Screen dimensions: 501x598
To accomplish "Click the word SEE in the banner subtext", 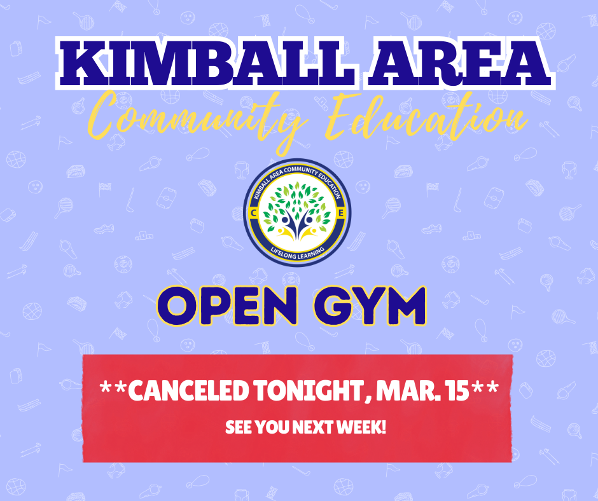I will [x=238, y=427].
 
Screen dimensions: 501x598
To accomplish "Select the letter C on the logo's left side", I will [x=255, y=212].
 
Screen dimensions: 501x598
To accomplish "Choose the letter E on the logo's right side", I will [x=342, y=212].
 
